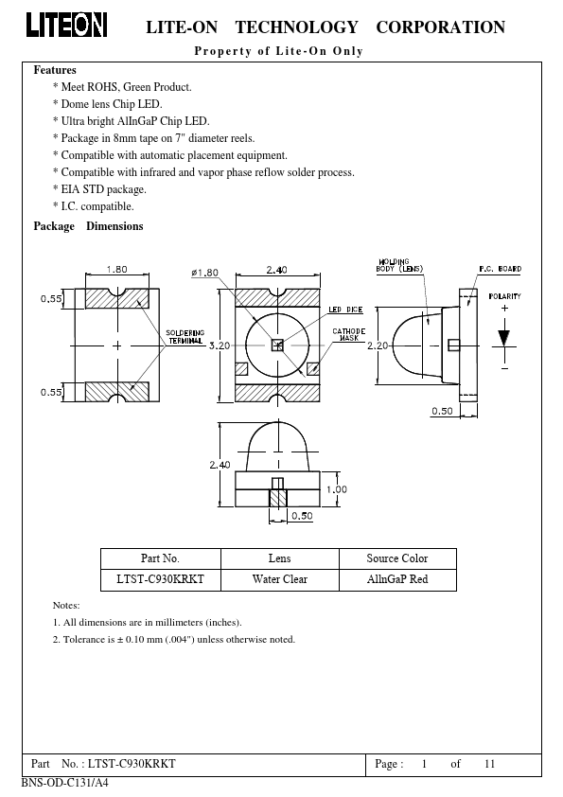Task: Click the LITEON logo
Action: point(66,25)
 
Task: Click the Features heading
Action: point(55,70)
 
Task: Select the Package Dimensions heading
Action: point(88,226)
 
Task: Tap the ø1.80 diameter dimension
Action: point(204,273)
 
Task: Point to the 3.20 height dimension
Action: point(220,345)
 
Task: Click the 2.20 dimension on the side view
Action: point(378,345)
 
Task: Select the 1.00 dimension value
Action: point(336,489)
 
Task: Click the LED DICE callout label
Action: point(345,310)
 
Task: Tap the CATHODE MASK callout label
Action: point(348,334)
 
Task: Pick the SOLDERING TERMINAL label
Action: point(185,336)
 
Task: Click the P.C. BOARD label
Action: point(500,269)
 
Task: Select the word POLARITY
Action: point(504,296)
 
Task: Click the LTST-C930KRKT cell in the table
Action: point(160,579)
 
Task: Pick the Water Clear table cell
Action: point(280,579)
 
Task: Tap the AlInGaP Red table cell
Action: point(397,579)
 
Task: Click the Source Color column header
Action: point(397,558)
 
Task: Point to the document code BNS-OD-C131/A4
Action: point(65,783)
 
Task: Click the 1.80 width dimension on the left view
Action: point(117,270)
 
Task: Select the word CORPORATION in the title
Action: point(441,27)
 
